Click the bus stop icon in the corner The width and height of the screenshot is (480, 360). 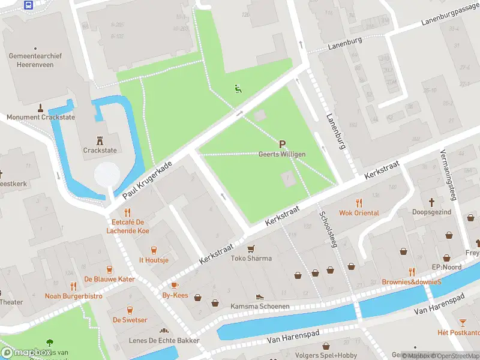28,5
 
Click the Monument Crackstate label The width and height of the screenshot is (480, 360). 41,117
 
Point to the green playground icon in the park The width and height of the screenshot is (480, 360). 238,89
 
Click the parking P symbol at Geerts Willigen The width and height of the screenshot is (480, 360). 282,144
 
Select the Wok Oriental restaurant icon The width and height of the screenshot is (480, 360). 359,203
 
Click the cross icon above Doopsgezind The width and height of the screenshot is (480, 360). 431,202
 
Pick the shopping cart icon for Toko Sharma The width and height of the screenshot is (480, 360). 251,248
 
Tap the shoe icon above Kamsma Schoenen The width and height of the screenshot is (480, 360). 260,296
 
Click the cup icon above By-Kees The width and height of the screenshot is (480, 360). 175,285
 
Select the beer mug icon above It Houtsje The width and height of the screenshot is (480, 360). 154,250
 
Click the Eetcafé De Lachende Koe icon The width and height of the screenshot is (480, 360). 127,212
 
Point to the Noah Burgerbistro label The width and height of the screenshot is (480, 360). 73,296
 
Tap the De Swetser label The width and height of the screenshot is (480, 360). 130,320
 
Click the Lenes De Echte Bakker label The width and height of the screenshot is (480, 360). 164,340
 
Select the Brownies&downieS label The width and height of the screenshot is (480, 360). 412,281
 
